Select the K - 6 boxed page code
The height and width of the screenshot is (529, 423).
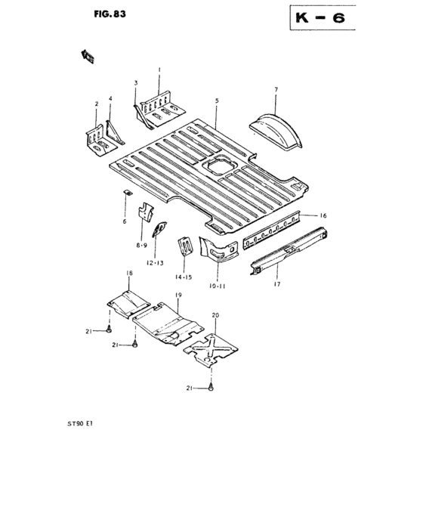(x=317, y=20)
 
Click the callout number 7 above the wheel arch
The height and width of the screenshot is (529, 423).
(x=276, y=90)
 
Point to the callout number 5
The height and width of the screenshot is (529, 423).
(x=217, y=101)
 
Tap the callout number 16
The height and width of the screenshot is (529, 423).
(x=323, y=216)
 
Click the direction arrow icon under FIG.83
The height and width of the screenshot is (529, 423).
(x=88, y=54)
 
